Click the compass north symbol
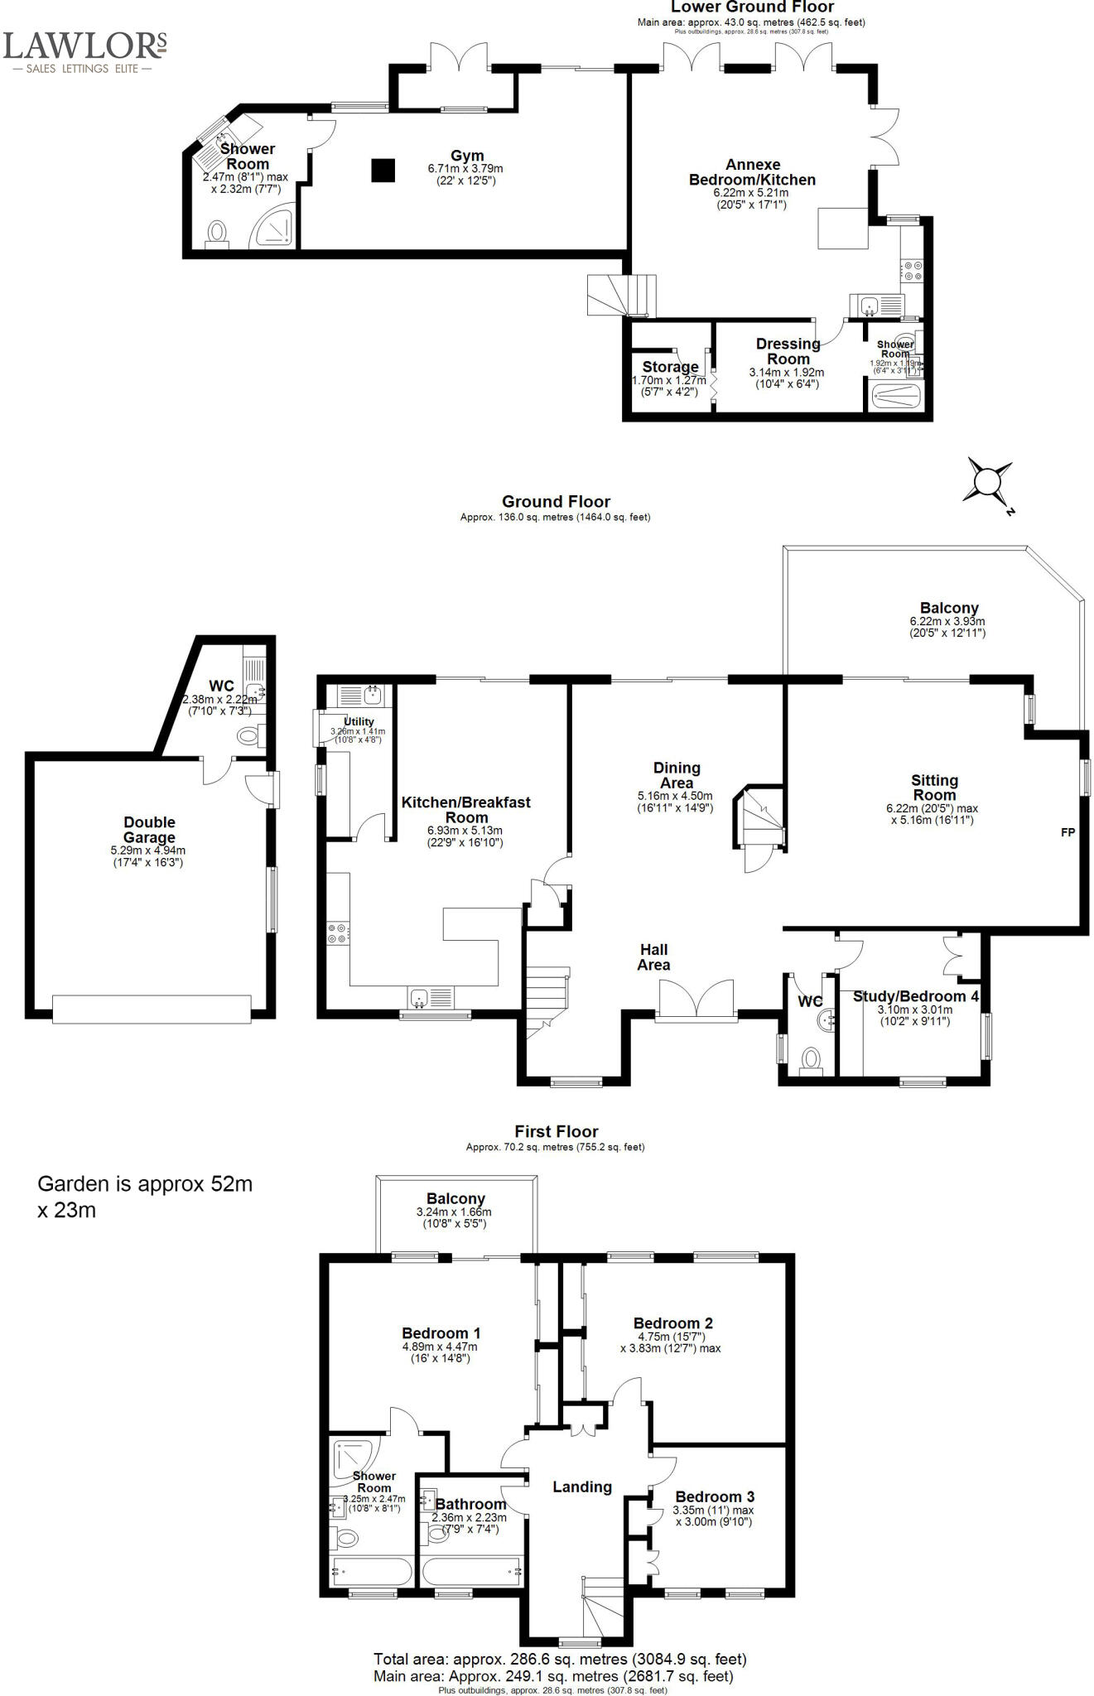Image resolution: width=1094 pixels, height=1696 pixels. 988,481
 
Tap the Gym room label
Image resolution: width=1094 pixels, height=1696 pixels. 467,156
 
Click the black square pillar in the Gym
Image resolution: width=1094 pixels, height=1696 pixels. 383,170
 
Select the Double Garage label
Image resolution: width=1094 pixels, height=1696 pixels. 149,829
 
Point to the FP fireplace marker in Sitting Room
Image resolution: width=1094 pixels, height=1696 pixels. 1067,832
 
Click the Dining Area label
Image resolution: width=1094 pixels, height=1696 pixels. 677,775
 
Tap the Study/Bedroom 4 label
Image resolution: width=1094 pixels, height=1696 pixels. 915,996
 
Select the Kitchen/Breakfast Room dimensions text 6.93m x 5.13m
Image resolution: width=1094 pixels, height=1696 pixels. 465,831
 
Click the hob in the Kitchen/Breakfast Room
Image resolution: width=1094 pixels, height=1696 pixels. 338,933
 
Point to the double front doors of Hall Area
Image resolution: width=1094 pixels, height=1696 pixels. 696,1000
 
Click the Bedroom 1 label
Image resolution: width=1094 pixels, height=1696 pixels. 441,1333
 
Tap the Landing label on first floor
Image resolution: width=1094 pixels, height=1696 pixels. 582,1486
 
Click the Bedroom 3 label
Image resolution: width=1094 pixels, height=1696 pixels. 715,1496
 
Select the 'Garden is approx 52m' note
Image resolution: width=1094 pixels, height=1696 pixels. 145,1184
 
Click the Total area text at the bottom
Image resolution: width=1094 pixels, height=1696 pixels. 560,1659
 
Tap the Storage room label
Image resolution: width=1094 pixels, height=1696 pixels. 670,367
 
